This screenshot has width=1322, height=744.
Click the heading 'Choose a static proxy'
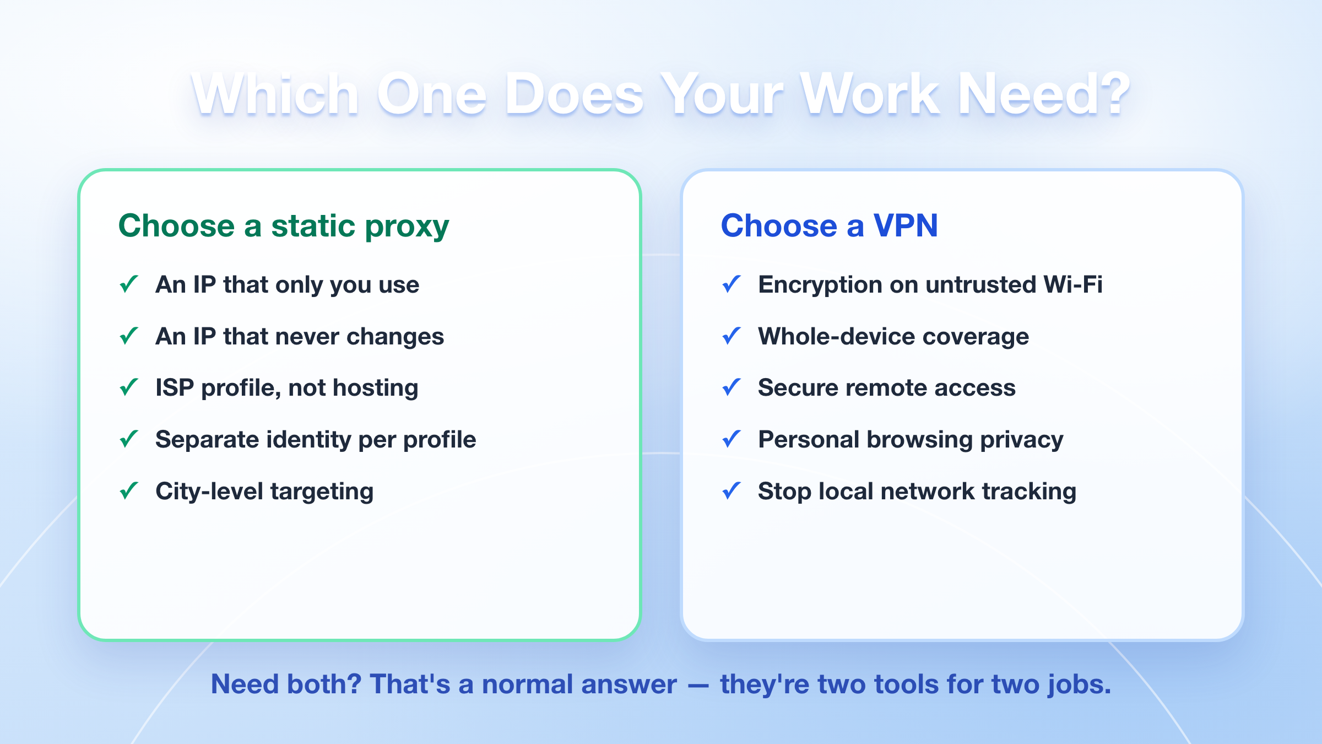[x=284, y=227]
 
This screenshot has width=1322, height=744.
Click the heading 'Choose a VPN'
[x=829, y=225]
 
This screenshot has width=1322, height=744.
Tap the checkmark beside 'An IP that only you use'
[x=129, y=284]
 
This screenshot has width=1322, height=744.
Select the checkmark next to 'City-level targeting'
[x=129, y=490]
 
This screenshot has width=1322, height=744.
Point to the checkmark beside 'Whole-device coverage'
[x=732, y=336]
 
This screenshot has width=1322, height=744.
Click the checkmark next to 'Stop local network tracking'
[x=732, y=490]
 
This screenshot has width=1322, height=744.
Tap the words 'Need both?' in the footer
[x=286, y=684]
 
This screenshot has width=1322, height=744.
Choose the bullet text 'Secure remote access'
[x=887, y=387]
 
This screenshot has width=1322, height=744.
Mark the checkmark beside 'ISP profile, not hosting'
[x=129, y=387]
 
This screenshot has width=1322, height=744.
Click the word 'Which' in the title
[x=275, y=94]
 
